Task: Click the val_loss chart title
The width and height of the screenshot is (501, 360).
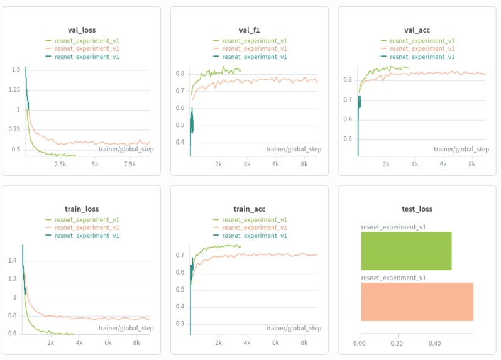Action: pyautogui.click(x=82, y=30)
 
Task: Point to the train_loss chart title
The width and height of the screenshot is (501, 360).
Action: pyautogui.click(x=82, y=209)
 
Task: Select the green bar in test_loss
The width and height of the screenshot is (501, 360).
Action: pyautogui.click(x=406, y=251)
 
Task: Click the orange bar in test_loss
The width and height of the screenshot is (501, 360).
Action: pyautogui.click(x=417, y=302)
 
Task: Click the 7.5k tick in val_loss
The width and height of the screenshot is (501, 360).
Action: pyautogui.click(x=130, y=165)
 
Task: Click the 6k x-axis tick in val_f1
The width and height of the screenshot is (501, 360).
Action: pyautogui.click(x=275, y=165)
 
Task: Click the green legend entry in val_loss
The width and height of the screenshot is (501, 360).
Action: pyautogui.click(x=82, y=41)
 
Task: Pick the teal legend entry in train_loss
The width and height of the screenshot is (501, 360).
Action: pyautogui.click(x=82, y=236)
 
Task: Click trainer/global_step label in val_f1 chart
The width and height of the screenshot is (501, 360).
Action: pyautogui.click(x=294, y=149)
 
